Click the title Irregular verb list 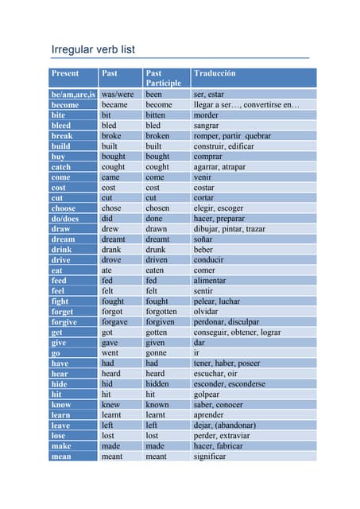93,49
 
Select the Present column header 65,73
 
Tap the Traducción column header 215,73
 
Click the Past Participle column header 163,78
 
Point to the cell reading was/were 118,95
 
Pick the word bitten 157,115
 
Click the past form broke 112,136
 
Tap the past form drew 111,229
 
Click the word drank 113,250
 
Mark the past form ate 108,270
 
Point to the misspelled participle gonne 157,353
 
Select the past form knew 111,405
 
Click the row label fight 60,301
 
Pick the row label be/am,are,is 73,95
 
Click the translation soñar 205,239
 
